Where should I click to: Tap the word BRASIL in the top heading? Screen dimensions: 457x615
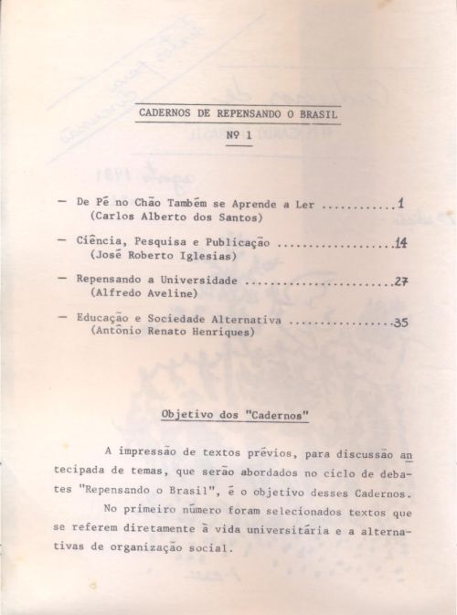[x=318, y=114]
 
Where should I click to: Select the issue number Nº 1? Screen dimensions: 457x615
[x=239, y=135]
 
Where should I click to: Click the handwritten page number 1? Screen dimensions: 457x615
[x=400, y=204]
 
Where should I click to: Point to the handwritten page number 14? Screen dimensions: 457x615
[x=400, y=243]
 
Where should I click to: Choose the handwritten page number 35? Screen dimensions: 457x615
[x=400, y=322]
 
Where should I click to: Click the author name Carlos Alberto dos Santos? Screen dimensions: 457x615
[x=157, y=219]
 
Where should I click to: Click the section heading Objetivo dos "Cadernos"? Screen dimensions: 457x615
[x=235, y=415]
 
